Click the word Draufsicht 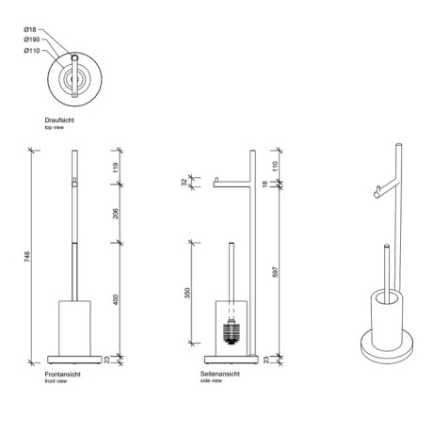click(x=59, y=120)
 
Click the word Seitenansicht click(x=219, y=375)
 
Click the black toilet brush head click(x=233, y=332)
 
